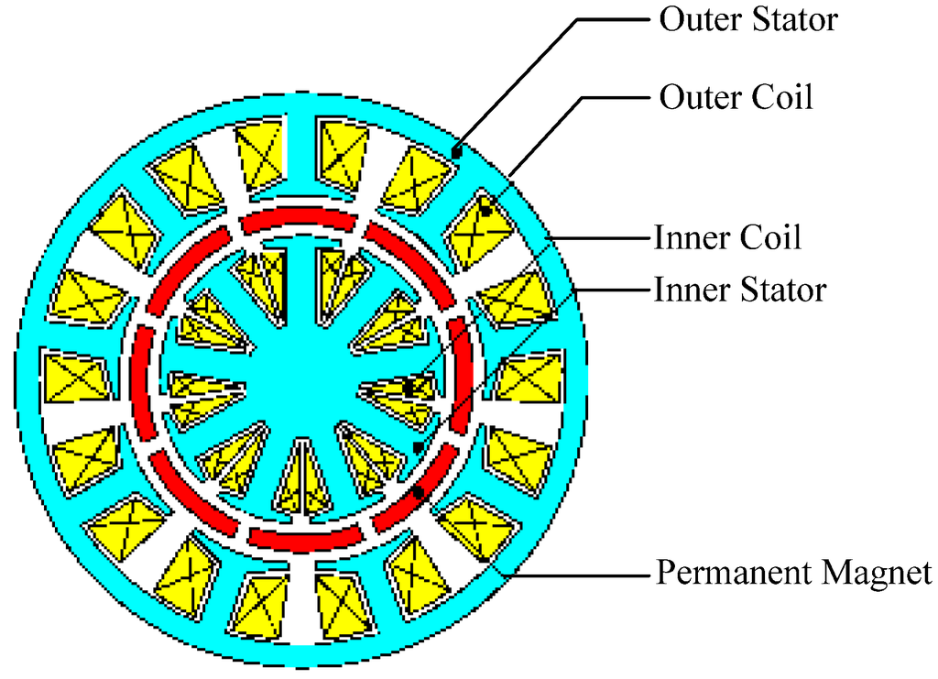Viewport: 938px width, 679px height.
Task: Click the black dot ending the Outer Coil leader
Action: [485, 213]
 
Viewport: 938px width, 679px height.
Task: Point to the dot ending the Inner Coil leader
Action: [409, 389]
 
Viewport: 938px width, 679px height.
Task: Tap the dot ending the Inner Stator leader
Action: [418, 447]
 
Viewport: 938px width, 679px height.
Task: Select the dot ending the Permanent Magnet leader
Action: [418, 493]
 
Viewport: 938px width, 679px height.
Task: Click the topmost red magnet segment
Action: [298, 221]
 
